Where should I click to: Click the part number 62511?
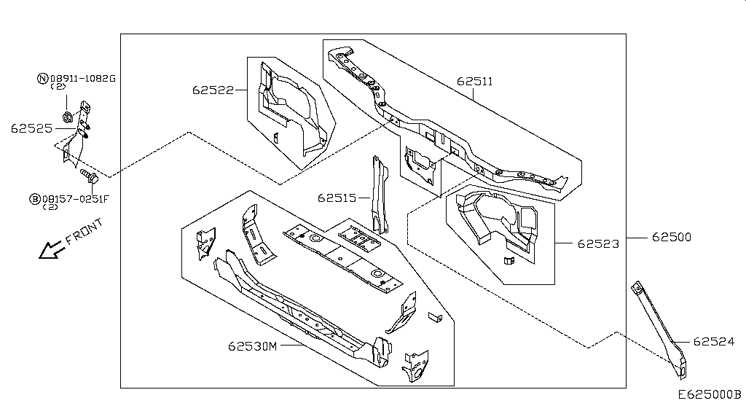475,82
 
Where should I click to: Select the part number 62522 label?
213,90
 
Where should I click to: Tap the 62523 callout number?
599,244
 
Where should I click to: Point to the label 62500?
671,237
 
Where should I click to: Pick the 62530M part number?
253,346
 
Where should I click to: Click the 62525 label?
31,128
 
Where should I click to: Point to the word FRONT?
84,231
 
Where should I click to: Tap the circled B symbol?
34,198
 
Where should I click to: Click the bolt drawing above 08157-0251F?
88,176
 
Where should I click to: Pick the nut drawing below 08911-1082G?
67,116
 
